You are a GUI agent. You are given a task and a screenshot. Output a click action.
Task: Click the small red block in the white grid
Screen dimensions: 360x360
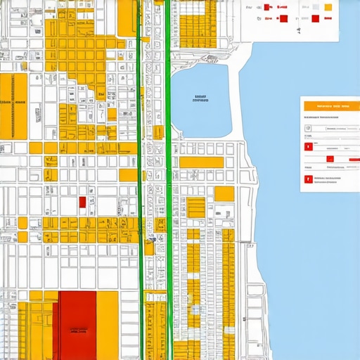point(82,202)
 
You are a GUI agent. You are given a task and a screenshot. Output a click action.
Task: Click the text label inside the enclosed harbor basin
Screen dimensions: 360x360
point(200,99)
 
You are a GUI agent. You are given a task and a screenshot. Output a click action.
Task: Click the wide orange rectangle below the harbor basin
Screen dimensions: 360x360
point(201,162)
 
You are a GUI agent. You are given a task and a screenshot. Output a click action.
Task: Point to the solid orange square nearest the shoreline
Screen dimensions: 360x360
point(224,194)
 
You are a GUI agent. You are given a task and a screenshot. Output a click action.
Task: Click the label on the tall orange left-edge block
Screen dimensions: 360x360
point(13,103)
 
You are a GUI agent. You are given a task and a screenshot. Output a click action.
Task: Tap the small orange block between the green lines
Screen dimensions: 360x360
point(158,132)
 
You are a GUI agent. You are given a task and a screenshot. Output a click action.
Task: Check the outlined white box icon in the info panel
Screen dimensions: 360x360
point(308,129)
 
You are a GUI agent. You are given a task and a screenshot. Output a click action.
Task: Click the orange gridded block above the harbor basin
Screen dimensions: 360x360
point(198,25)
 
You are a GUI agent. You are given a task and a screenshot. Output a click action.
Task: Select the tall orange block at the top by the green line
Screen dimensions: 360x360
point(127,17)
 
